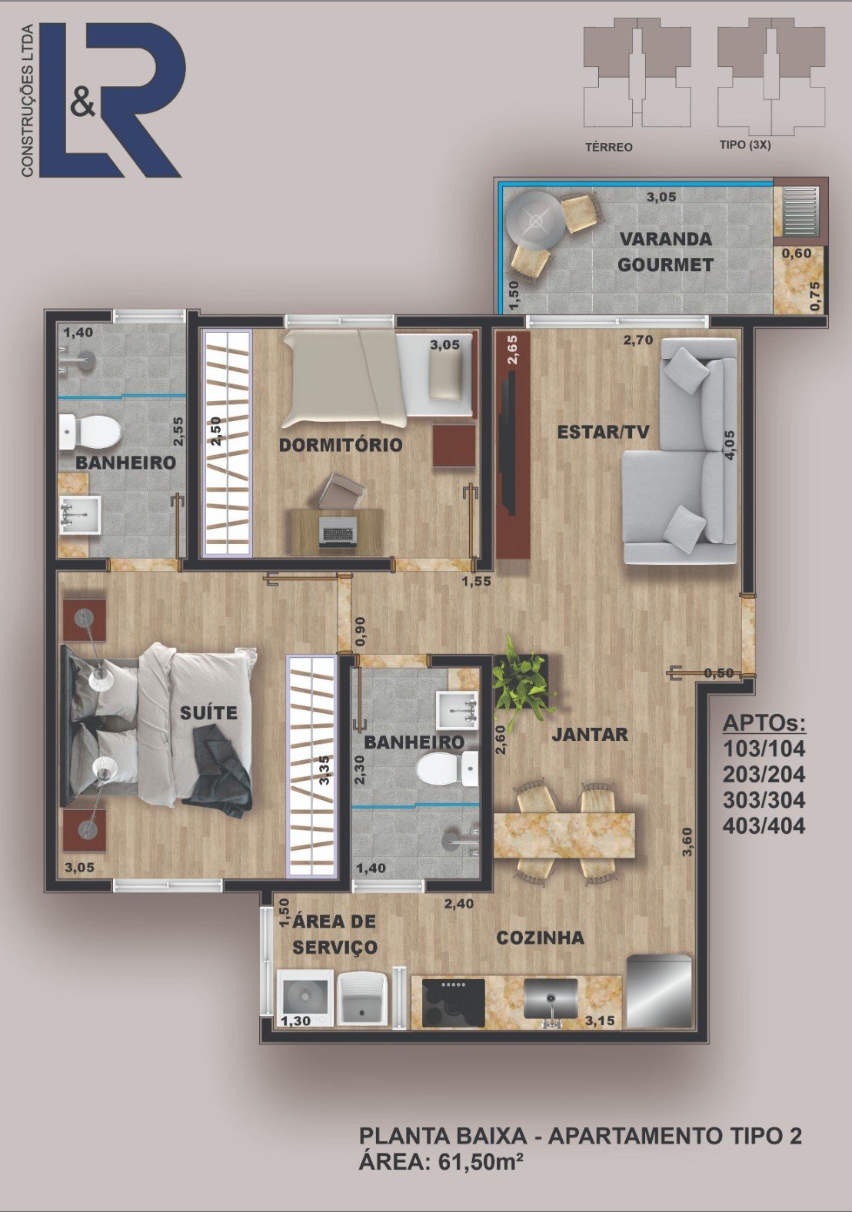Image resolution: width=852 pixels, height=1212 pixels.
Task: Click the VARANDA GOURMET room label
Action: click(x=665, y=251)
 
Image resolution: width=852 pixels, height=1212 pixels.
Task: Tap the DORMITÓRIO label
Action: click(x=341, y=445)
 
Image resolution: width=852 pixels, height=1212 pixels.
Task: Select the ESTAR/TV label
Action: click(x=604, y=432)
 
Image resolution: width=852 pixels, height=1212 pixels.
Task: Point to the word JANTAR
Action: click(x=590, y=734)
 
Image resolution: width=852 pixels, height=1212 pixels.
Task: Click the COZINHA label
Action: click(x=541, y=938)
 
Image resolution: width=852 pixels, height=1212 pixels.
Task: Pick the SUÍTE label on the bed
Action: click(x=208, y=712)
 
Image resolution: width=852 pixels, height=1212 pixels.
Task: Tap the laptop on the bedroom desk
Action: click(x=338, y=531)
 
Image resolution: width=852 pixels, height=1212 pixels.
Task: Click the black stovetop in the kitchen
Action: click(x=454, y=1003)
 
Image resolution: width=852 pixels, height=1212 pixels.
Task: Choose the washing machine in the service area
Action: click(x=305, y=998)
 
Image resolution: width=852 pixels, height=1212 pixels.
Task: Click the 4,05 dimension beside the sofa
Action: click(x=731, y=445)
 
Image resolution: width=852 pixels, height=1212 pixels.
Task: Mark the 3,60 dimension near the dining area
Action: click(x=687, y=842)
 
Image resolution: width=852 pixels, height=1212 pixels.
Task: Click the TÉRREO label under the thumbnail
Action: click(x=609, y=147)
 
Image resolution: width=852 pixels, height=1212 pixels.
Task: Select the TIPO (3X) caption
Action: click(x=745, y=145)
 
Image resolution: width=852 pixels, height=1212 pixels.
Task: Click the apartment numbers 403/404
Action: click(x=764, y=825)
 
